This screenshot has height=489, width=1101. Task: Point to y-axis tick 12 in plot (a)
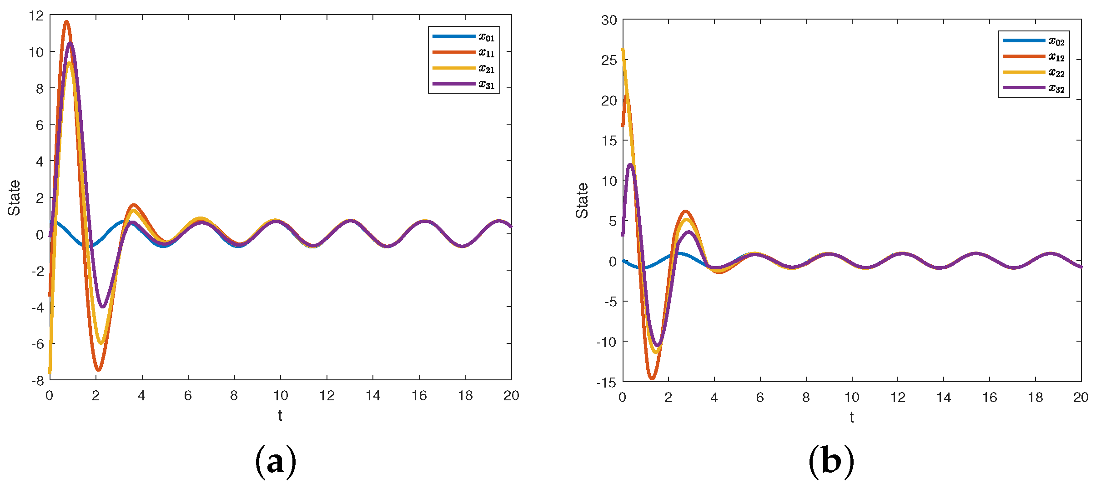pyautogui.click(x=36, y=15)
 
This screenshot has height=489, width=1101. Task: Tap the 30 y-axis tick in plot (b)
pyautogui.click(x=609, y=20)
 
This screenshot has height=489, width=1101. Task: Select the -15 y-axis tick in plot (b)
pyautogui.click(x=607, y=383)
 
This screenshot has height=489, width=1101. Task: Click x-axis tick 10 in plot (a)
pyautogui.click(x=280, y=396)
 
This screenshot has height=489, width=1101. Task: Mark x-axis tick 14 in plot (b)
pyautogui.click(x=944, y=398)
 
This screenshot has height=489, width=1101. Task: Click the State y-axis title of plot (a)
pyautogui.click(x=14, y=197)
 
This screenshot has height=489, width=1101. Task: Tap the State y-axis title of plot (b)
pyautogui.click(x=582, y=200)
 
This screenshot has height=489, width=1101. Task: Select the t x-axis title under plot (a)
pyautogui.click(x=280, y=415)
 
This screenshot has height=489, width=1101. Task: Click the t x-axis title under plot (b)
pyautogui.click(x=851, y=417)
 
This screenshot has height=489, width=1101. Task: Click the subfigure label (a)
pyautogui.click(x=276, y=462)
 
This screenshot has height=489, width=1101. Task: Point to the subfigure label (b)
pyautogui.click(x=831, y=462)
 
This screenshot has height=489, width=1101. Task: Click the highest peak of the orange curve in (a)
pyautogui.click(x=66, y=21)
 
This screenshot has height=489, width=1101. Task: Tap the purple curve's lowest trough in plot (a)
pyautogui.click(x=102, y=307)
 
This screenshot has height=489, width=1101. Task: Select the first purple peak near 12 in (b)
pyautogui.click(x=630, y=165)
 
